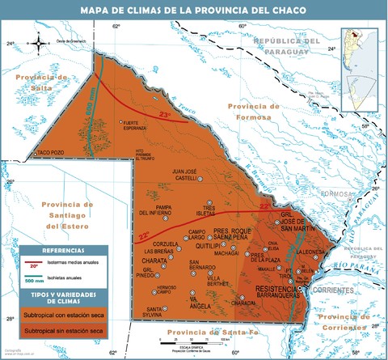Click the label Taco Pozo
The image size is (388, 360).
coord(50,152)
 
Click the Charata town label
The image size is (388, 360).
coord(155,261)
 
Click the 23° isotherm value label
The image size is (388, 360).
coord(165,116)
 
